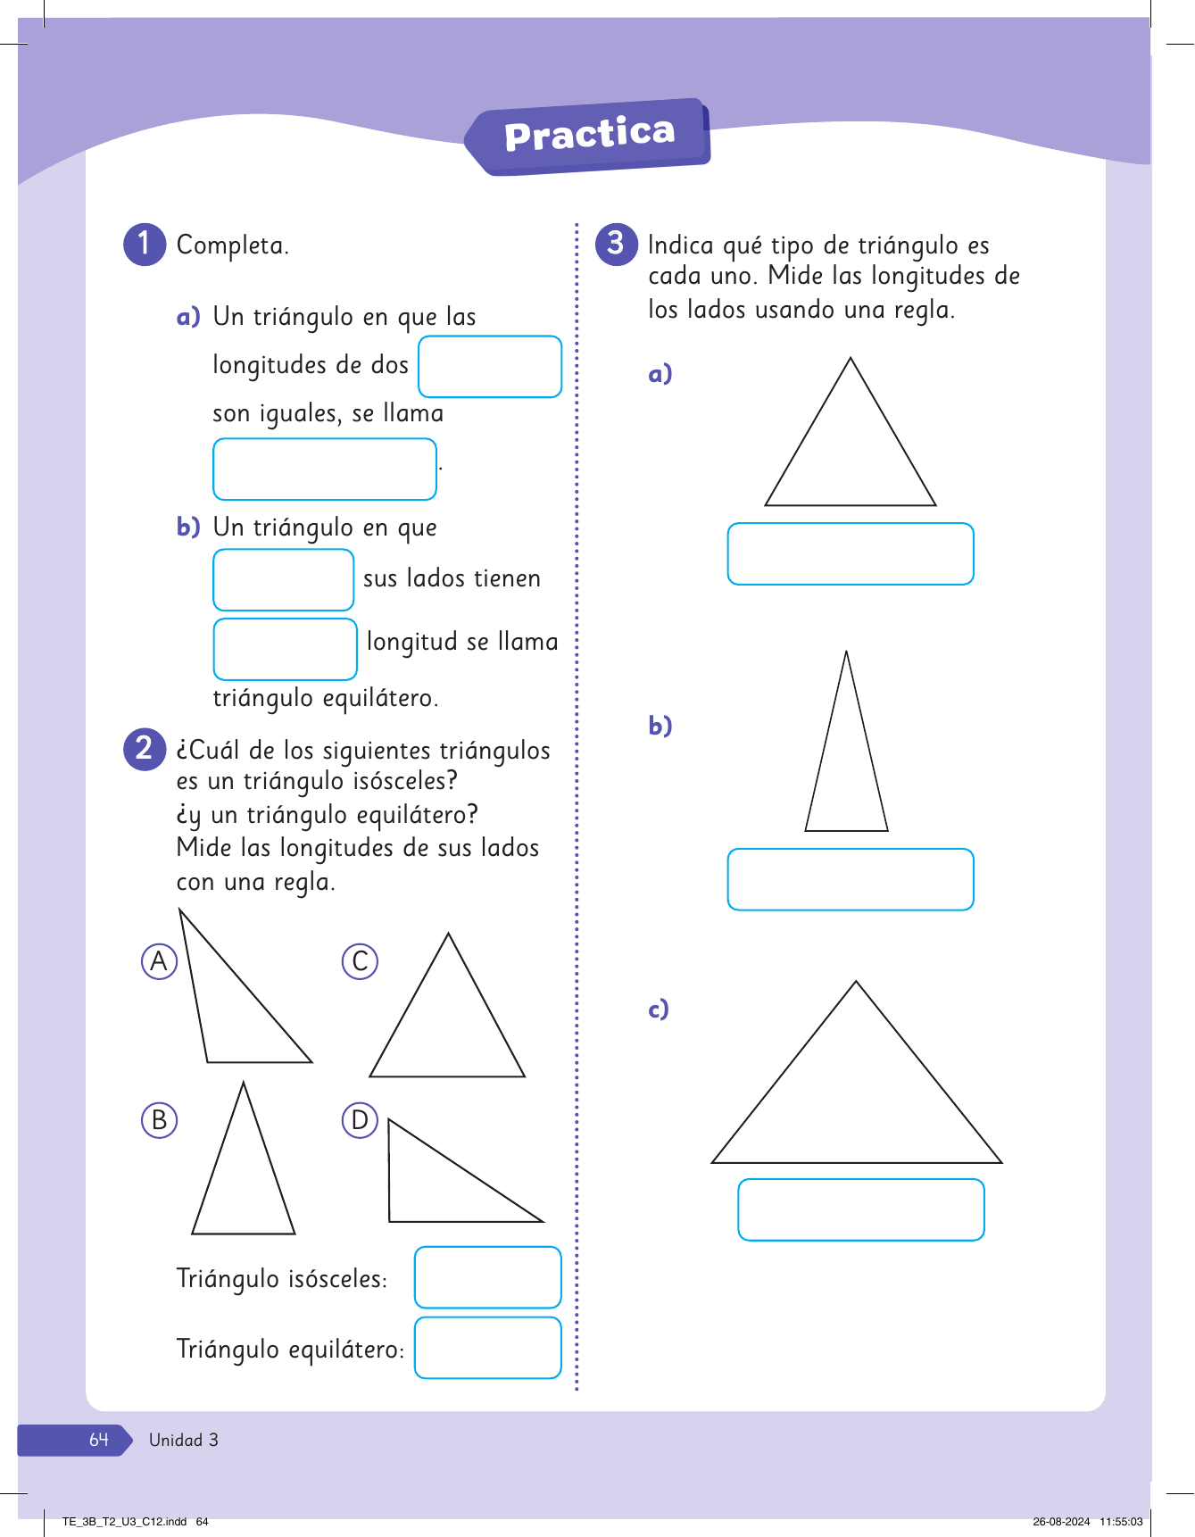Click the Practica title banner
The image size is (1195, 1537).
589,136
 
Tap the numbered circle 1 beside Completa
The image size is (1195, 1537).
145,244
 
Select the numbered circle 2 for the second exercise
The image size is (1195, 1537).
145,748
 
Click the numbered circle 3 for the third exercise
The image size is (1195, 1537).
616,244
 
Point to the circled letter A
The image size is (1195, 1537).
160,961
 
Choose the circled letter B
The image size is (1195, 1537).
160,1119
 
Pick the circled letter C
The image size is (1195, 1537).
361,961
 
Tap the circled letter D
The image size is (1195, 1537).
361,1119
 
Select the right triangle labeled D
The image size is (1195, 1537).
437,1187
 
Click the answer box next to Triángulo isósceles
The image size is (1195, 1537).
487,1277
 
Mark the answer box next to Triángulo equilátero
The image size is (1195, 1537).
487,1348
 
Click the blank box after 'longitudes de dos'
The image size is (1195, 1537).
490,367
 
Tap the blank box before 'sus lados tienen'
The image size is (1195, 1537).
284,580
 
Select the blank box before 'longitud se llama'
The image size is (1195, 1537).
285,649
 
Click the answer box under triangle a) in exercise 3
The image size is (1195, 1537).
851,554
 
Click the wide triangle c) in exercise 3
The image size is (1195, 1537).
857,1098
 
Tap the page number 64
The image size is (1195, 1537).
98,1440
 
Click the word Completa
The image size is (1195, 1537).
232,245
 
